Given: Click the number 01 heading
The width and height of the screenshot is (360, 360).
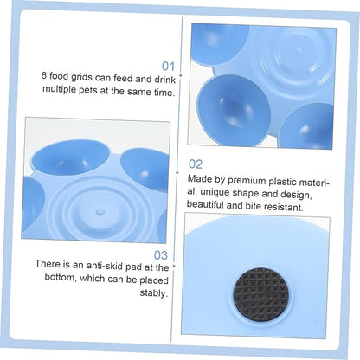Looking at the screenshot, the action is pyautogui.click(x=168, y=66).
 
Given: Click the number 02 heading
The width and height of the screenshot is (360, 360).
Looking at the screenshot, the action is pyautogui.click(x=196, y=164).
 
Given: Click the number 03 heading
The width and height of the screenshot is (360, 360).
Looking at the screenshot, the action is pyautogui.click(x=160, y=255).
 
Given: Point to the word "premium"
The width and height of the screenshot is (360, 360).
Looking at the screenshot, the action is pyautogui.click(x=247, y=181).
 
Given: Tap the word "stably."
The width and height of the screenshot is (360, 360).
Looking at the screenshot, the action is pyautogui.click(x=154, y=293).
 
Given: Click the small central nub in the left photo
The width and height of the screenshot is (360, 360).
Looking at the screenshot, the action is pyautogui.click(x=100, y=213).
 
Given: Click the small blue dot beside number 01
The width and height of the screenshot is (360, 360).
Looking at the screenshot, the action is pyautogui.click(x=180, y=75).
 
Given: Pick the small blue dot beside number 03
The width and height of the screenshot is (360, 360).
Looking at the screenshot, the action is pyautogui.click(x=174, y=266).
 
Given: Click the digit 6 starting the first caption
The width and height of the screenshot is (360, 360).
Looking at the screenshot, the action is pyautogui.click(x=44, y=75).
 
